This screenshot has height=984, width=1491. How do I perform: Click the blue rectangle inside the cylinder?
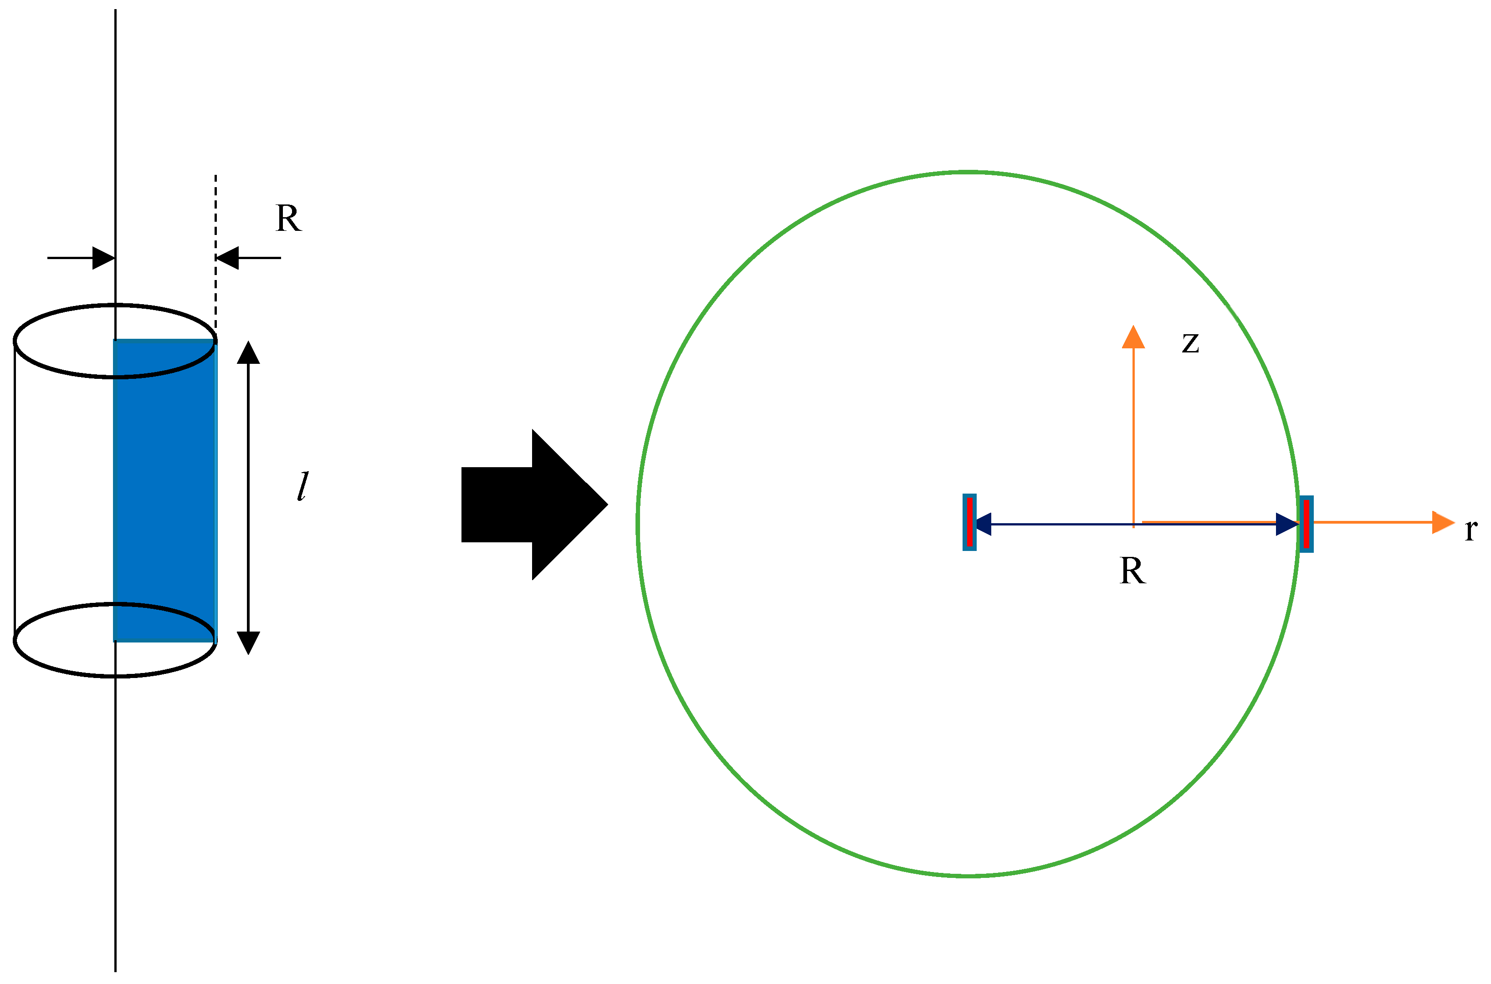pos(165,489)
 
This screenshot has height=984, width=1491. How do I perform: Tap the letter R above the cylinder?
pos(288,219)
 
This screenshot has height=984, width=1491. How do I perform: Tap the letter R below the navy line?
pos(1132,571)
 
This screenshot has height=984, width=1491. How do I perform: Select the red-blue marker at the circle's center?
pos(969,522)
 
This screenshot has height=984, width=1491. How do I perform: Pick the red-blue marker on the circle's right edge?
pos(1307,524)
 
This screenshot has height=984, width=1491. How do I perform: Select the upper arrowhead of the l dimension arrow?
pos(249,353)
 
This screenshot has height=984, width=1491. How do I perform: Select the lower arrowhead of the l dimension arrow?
pos(249,642)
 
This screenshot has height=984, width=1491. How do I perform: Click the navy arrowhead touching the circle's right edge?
pos(1287,524)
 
